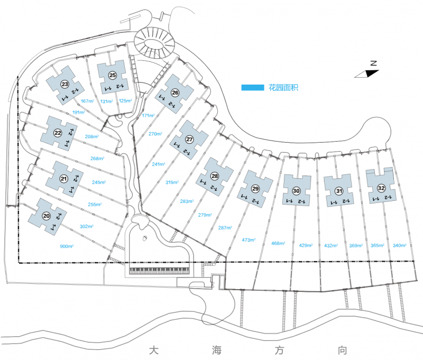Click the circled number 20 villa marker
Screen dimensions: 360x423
[47, 216]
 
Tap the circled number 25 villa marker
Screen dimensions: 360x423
[113, 75]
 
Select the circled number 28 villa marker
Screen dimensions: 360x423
[215, 176]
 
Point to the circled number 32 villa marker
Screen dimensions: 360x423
[381, 188]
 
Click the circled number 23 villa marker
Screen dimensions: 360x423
[65, 85]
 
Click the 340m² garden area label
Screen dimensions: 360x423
[400, 245]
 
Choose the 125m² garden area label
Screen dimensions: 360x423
[125, 100]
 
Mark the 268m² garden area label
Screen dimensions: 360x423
[97, 158]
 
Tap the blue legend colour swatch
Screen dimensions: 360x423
[252, 88]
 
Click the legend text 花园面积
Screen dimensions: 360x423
[283, 88]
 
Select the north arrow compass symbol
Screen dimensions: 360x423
[368, 72]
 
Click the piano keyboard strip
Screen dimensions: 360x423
[159, 270]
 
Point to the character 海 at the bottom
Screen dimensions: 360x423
[214, 350]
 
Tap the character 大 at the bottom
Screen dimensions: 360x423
[153, 350]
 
